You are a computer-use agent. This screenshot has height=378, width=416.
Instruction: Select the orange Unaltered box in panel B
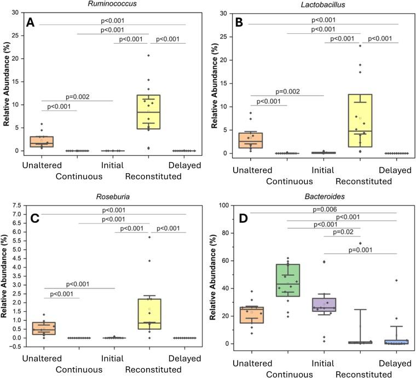252,140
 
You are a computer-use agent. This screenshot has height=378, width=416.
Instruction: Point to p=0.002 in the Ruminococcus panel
77,96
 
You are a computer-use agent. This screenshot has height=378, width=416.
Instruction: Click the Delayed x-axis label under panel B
396,170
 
